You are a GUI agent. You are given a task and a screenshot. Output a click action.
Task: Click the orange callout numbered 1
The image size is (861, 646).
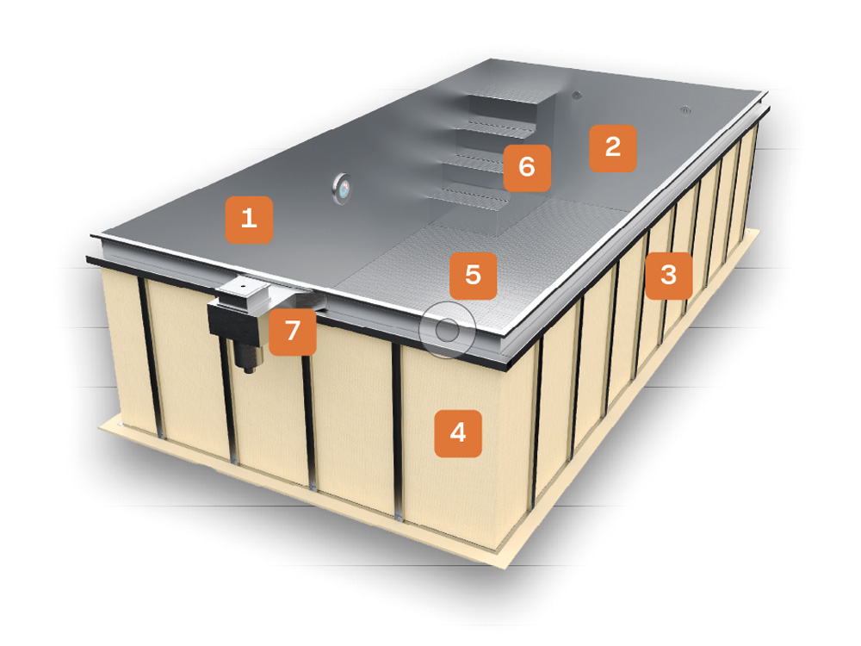tap(249, 220)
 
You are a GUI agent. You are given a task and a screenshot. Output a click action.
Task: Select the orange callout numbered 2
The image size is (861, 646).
tap(613, 148)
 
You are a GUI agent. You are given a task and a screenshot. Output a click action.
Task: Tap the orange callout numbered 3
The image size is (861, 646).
tap(668, 276)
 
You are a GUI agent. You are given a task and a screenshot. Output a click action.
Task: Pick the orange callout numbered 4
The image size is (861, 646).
tap(458, 433)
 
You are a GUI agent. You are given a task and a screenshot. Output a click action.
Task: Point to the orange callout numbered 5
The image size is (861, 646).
tap(474, 276)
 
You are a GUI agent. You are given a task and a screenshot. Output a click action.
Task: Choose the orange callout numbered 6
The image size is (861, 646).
tap(527, 168)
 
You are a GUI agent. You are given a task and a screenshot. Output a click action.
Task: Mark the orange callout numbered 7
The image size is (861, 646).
tap(293, 332)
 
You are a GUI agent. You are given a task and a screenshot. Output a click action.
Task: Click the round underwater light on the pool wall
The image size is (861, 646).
tap(342, 189)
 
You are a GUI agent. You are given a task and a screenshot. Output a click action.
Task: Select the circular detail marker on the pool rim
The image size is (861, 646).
tap(447, 330)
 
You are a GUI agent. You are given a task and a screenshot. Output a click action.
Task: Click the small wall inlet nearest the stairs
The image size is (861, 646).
tap(576, 96)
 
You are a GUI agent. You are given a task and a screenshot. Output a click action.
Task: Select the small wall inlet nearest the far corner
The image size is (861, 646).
tap(685, 110)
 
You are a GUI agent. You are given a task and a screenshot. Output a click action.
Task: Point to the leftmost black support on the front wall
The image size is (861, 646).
tap(151, 357)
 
